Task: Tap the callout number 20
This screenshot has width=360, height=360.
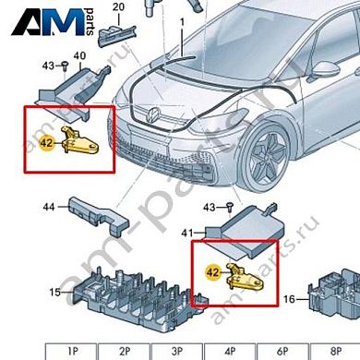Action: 117,8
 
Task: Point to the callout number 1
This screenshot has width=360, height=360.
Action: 182,20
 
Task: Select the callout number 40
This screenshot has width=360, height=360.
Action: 79,55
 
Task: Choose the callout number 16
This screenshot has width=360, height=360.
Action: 290,299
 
